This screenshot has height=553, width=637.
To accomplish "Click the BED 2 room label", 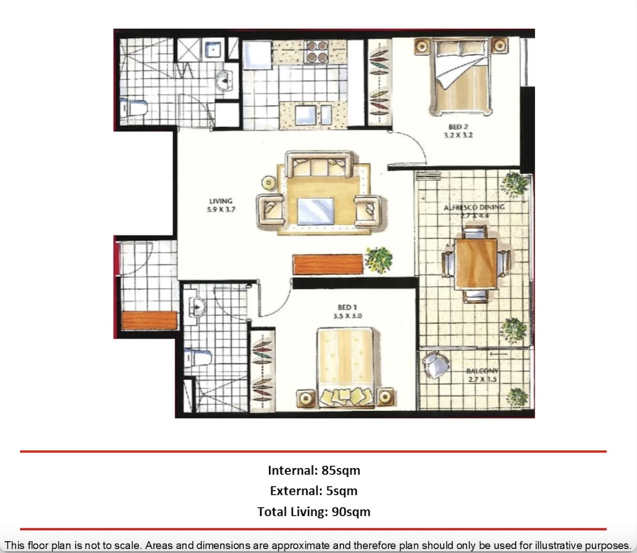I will pos(458,126).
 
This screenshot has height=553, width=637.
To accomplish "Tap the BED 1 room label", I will pos(347,307).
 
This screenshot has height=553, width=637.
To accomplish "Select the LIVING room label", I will pos(221,201).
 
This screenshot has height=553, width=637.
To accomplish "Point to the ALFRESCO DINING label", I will pos(474,207).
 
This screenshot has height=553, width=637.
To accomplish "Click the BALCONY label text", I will pos(481,371).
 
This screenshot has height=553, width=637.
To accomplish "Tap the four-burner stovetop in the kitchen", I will pos(316,52).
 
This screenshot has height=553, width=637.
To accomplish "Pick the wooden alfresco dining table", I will pos(476,263).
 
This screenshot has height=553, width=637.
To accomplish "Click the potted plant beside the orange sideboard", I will pos(379,260).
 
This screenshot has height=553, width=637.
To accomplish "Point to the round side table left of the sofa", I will pos(268,182).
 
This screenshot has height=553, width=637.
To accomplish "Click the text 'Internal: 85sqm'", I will pos(314,470).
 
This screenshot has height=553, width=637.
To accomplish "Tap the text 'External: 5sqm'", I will pos(314,491).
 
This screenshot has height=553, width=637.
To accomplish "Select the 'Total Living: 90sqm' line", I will pos(314,512).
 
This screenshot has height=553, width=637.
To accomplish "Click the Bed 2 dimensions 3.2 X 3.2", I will pos(458,135).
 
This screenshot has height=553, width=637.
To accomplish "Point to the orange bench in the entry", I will pos(149,320).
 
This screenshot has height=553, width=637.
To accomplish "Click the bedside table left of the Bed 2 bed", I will pos(422,46).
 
